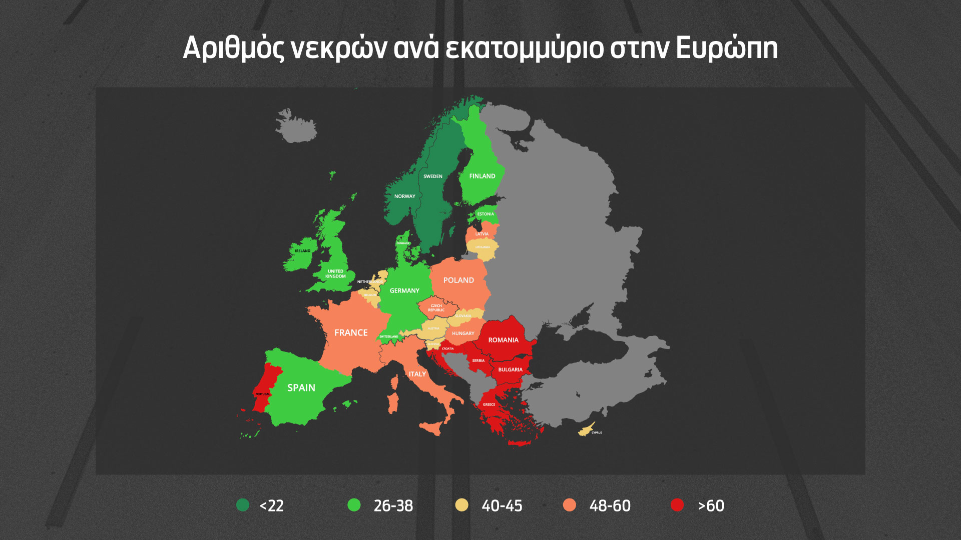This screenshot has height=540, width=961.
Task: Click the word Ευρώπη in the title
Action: click(x=727, y=48)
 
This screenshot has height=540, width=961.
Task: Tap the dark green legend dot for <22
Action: click(x=243, y=505)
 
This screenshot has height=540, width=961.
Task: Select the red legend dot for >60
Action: click(x=677, y=505)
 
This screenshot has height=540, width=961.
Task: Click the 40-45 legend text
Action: click(x=502, y=506)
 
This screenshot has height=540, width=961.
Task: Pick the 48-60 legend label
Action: click(x=610, y=506)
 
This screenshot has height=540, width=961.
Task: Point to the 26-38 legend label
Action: click(x=393, y=506)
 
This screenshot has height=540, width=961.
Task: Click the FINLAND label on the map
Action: click(x=482, y=176)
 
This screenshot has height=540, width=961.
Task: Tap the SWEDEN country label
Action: click(x=433, y=176)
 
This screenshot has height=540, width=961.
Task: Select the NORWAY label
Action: click(x=405, y=196)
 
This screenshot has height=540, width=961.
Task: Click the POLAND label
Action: click(x=458, y=280)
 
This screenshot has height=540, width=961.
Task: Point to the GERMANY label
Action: click(x=404, y=290)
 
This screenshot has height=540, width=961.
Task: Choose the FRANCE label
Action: click(x=351, y=333)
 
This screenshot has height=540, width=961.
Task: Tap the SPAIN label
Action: click(x=301, y=388)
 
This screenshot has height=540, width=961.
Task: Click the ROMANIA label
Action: click(x=504, y=340)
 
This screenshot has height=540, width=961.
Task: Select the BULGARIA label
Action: click(x=510, y=370)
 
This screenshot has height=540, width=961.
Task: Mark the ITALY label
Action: click(x=417, y=374)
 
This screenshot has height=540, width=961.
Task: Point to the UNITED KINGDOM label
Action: click(x=335, y=274)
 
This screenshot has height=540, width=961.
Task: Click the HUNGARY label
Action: click(x=463, y=333)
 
